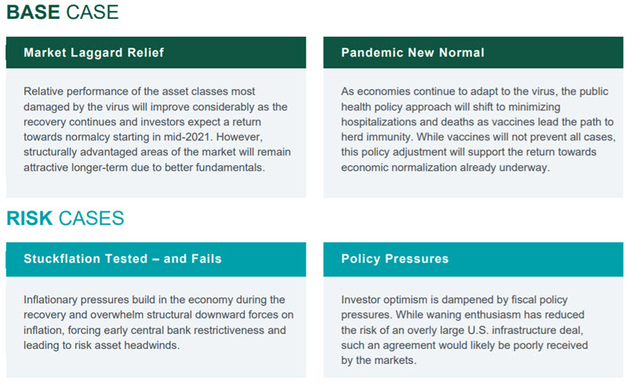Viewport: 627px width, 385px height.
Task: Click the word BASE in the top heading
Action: click(x=33, y=12)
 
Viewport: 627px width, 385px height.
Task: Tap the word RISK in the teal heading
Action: click(x=30, y=218)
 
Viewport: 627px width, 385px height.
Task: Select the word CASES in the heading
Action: click(x=91, y=218)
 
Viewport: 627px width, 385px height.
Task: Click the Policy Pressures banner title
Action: click(x=395, y=259)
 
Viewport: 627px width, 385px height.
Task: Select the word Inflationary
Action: click(x=49, y=300)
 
